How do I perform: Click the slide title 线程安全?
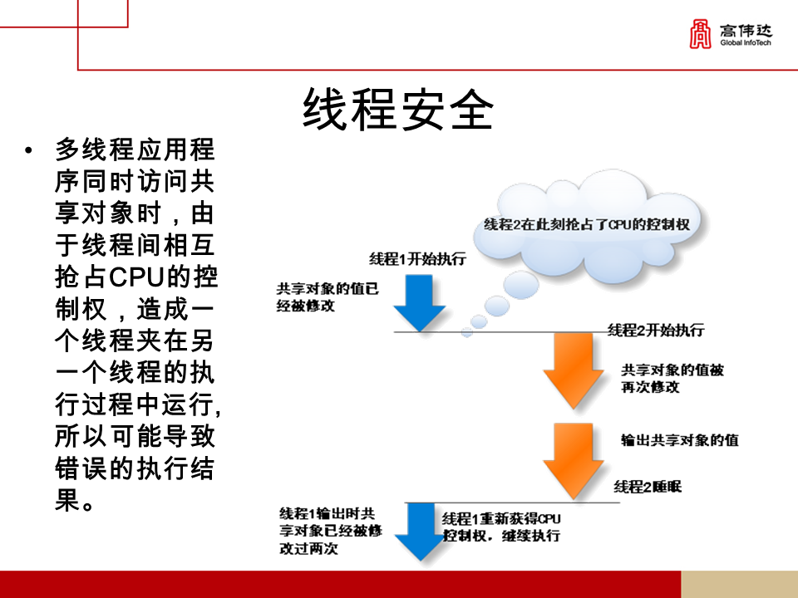coord(398,110)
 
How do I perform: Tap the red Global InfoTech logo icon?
coord(702,34)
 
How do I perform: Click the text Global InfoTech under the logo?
coord(746,42)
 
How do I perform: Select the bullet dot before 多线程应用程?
coord(30,151)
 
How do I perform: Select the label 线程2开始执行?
coord(656,330)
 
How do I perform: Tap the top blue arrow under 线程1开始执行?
coord(421,301)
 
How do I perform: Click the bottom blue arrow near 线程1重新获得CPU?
coord(420,532)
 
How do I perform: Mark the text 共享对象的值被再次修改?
coord(672,378)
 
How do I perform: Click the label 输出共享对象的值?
coord(679,440)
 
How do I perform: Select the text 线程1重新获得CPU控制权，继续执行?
coord(502,527)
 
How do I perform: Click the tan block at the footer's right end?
coord(739,584)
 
